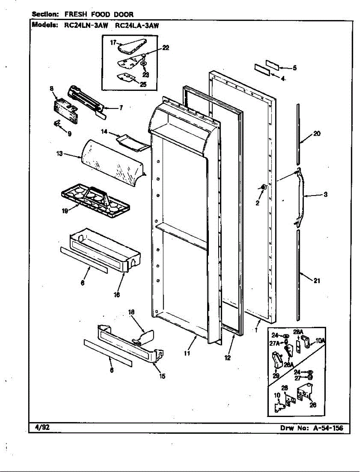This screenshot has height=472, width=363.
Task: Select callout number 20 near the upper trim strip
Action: tap(317, 134)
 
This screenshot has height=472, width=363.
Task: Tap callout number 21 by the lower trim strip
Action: tap(317, 280)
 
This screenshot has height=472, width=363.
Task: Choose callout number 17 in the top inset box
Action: tap(113, 43)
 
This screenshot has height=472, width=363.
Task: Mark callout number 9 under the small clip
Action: tap(69, 134)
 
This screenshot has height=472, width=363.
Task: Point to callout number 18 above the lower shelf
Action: tap(131, 312)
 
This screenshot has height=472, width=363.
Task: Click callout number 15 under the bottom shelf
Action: tap(162, 376)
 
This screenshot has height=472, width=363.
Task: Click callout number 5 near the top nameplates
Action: tap(294, 68)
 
